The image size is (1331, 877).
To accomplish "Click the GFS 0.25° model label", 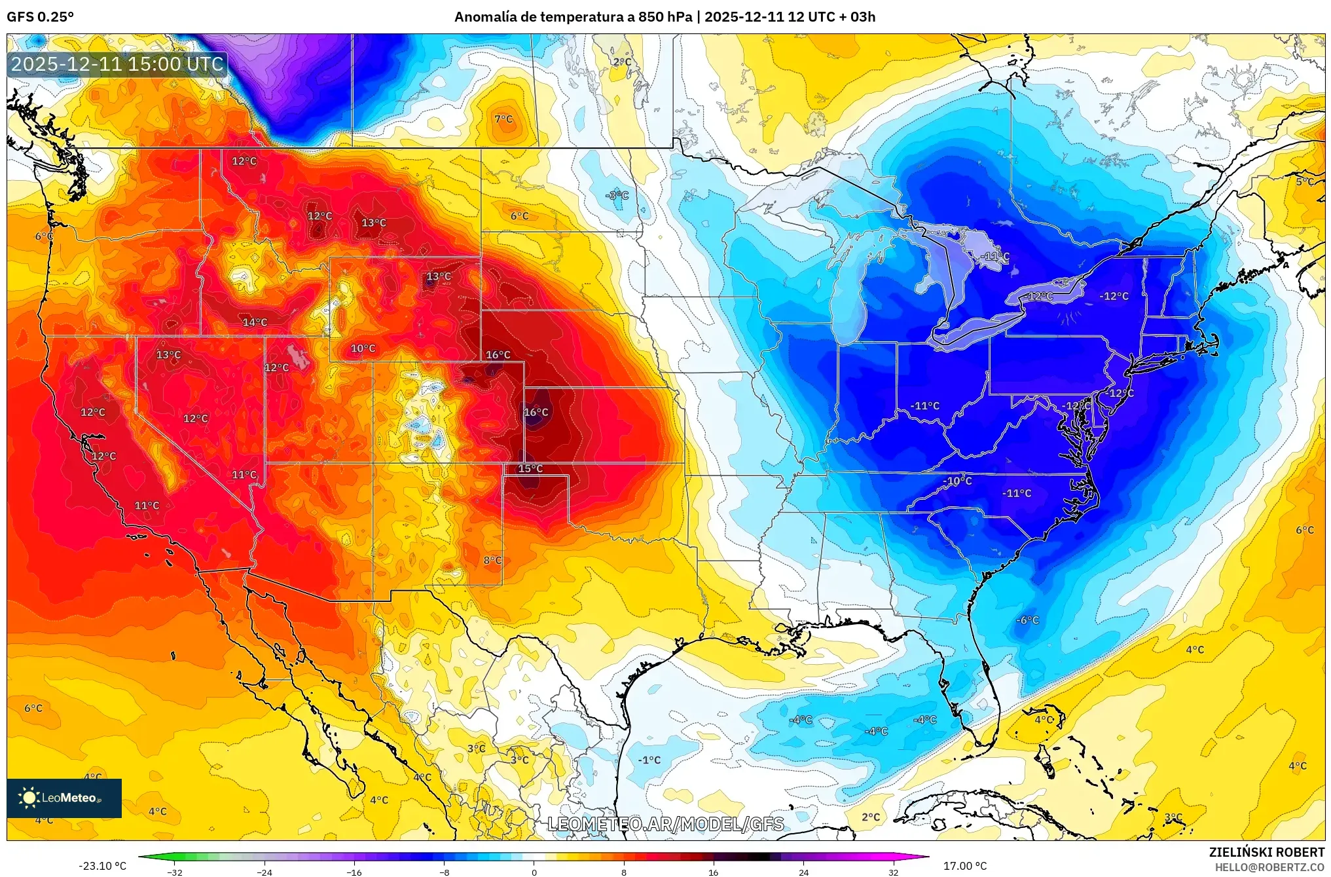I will point(40,17).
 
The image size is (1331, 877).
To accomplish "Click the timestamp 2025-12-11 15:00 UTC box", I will point(118,64).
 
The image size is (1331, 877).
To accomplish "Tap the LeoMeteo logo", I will point(64,798).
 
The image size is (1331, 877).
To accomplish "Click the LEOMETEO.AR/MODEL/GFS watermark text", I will point(665,824).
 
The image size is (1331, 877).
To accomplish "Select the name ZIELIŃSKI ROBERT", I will point(1266,852).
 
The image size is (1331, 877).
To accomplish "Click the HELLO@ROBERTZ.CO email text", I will point(1269,867).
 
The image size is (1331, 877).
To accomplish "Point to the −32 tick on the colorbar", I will point(174,872).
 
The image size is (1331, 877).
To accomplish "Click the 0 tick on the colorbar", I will point(534,872).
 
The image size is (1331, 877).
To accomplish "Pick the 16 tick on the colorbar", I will point(713,872).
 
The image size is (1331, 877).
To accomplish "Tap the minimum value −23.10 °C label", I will point(102,866).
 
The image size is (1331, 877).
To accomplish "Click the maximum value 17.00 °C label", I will point(964,866).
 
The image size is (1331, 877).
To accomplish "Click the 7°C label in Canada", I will point(503,119).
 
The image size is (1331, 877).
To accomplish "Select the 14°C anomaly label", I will point(255,322).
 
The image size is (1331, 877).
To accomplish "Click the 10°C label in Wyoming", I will point(363,348).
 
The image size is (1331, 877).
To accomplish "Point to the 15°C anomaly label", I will point(530,468).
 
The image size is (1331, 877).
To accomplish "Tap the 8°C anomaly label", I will point(492,561).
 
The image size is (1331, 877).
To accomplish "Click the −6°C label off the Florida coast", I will point(1027,620).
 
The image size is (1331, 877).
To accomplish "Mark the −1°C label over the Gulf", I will point(649,760).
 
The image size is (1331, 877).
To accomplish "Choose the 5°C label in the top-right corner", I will point(1305,181).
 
